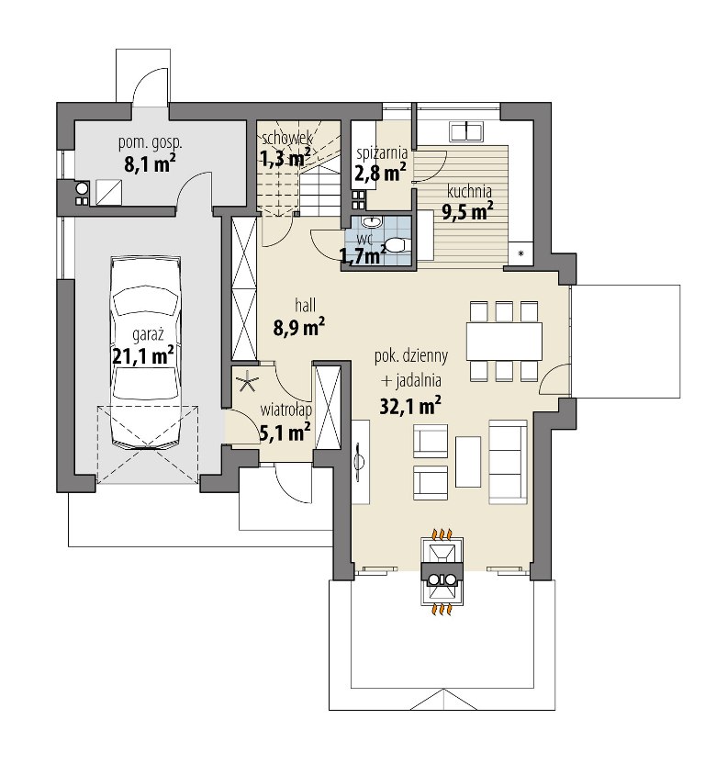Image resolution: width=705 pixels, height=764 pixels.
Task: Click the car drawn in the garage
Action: tap(146, 352)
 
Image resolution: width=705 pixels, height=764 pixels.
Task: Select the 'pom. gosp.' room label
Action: tap(150, 143)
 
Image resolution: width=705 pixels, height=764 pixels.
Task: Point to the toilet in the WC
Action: tap(397, 244)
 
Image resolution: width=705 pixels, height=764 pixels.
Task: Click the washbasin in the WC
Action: tap(372, 222)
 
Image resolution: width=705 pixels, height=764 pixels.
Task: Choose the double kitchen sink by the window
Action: tap(466, 131)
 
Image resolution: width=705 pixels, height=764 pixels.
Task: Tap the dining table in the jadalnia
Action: tap(504, 341)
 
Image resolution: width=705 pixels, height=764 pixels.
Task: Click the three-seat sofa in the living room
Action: tap(509, 461)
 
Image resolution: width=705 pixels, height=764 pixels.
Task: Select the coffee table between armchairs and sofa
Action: tap(468, 461)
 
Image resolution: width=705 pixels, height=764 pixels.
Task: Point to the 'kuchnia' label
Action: tap(469, 192)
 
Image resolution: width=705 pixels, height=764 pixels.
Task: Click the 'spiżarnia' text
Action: tap(382, 153)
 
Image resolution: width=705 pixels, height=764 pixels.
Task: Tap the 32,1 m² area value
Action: tap(410, 405)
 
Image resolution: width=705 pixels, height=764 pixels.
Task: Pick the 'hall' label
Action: tap(305, 306)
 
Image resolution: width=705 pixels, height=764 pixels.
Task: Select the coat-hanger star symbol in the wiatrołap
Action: tap(249, 381)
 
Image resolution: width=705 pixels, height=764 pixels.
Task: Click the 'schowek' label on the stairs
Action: tap(287, 138)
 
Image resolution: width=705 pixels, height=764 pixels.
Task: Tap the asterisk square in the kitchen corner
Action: tap(520, 253)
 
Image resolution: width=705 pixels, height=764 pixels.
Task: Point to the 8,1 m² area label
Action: tap(150, 163)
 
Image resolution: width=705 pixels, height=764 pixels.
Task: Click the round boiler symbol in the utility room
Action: tap(82, 187)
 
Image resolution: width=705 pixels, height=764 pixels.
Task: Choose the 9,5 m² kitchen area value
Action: tap(467, 211)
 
